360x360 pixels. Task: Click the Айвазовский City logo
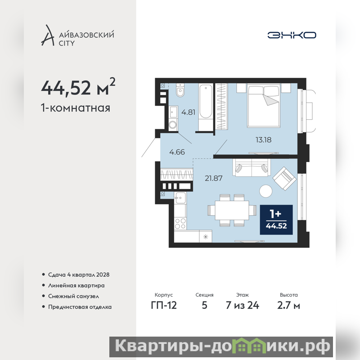77,36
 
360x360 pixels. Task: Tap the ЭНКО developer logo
292,35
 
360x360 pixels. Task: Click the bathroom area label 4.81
188,112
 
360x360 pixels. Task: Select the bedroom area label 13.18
263,139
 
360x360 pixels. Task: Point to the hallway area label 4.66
177,152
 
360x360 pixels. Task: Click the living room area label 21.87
213,178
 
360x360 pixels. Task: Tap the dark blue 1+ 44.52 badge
276,220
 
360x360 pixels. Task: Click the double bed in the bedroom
264,105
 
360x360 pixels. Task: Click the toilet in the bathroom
180,90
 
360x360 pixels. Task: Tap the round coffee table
266,191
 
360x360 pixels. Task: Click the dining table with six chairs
232,210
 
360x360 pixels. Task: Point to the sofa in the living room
252,167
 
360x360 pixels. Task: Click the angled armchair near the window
284,178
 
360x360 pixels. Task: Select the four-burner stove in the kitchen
180,223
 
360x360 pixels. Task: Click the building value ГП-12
164,305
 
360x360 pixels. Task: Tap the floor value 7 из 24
243,305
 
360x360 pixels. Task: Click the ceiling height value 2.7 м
288,305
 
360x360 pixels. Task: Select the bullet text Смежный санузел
73,296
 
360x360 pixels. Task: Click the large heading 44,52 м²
78,87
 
